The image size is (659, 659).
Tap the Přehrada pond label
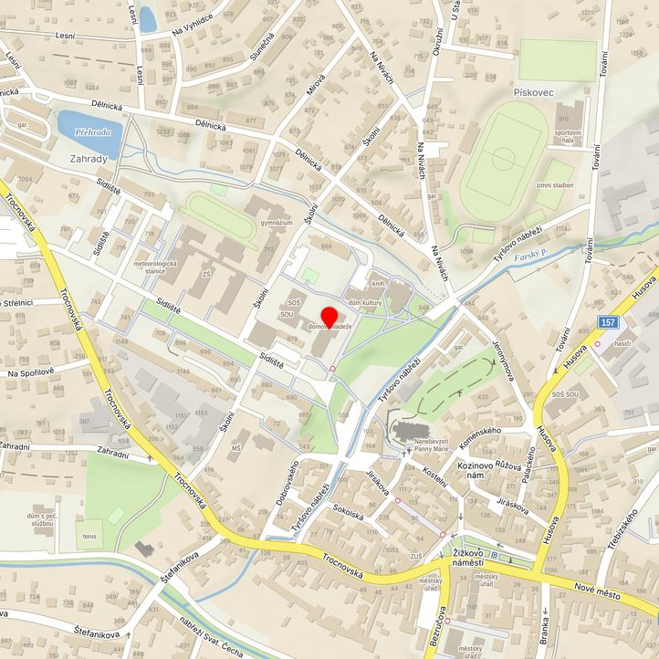coord(92,131)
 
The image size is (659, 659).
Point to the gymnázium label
coord(276,223)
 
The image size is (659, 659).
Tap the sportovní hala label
coord(568,137)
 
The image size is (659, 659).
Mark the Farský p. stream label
coord(529,259)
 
